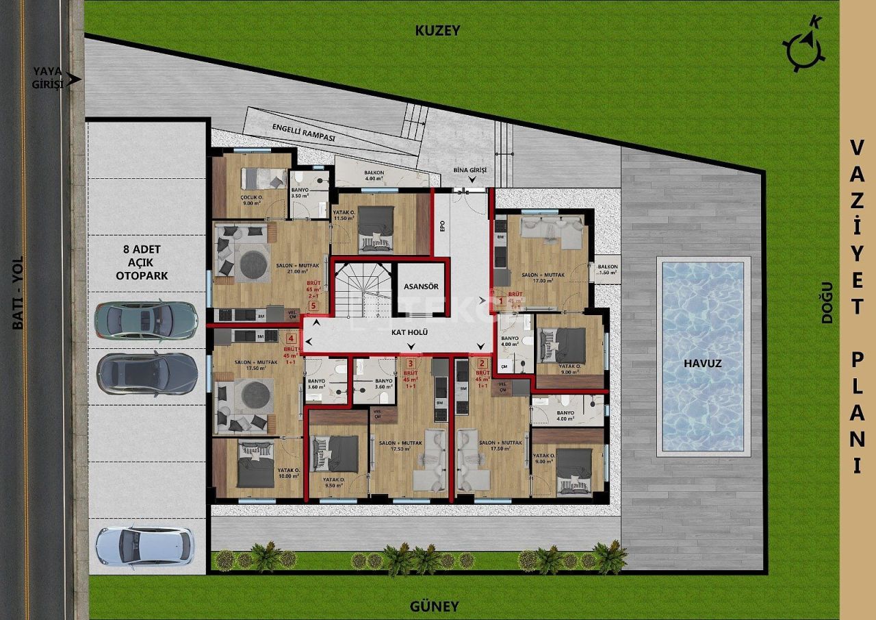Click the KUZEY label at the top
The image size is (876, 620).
[438, 30]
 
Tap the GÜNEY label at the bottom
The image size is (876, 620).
[434, 606]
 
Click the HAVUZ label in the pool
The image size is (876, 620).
[704, 364]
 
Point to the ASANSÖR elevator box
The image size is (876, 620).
[420, 287]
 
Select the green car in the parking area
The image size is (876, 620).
[146, 319]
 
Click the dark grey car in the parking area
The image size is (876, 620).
[147, 374]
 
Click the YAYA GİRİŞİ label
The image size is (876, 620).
[48, 77]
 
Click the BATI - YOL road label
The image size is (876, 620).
[18, 293]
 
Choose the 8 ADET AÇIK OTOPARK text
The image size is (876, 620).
[143, 262]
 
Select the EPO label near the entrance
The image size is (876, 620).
[443, 225]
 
